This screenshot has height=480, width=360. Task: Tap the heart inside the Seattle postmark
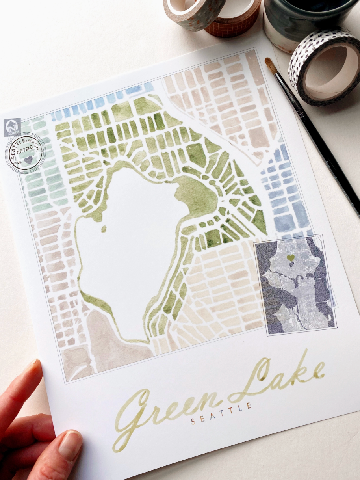[x=28, y=160]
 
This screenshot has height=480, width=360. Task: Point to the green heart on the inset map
[x=291, y=258]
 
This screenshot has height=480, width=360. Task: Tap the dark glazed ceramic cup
[x=299, y=20]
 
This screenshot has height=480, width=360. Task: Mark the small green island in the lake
[x=104, y=229]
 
